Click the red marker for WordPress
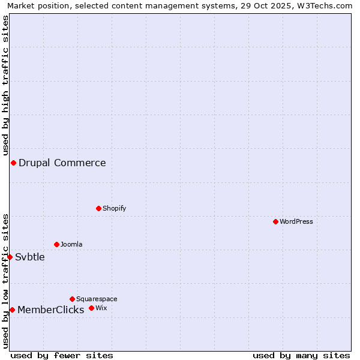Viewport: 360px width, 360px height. pyautogui.click(x=275, y=221)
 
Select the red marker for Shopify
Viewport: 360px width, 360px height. pyautogui.click(x=98, y=208)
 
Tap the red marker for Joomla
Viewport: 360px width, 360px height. pyautogui.click(x=56, y=244)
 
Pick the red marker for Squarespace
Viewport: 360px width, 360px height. pyautogui.click(x=72, y=299)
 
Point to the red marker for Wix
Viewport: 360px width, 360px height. pyautogui.click(x=91, y=308)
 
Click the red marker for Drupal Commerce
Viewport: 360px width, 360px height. pyautogui.click(x=13, y=163)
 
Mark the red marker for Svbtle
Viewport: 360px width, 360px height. pyautogui.click(x=10, y=257)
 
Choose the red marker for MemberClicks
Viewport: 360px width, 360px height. pyautogui.click(x=12, y=310)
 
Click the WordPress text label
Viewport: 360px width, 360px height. pyautogui.click(x=296, y=221)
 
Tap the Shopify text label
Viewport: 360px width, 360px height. pyautogui.click(x=114, y=208)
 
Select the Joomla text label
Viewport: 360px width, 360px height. pyautogui.click(x=71, y=244)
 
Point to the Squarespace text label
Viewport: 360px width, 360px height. pyautogui.click(x=97, y=299)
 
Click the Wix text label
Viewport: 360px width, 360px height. pyautogui.click(x=101, y=308)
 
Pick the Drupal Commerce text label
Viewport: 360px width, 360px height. pyautogui.click(x=62, y=163)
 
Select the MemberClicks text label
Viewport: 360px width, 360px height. pyautogui.click(x=51, y=310)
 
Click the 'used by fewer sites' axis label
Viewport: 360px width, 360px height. pyautogui.click(x=62, y=355)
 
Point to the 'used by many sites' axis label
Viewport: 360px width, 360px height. pyautogui.click(x=301, y=355)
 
